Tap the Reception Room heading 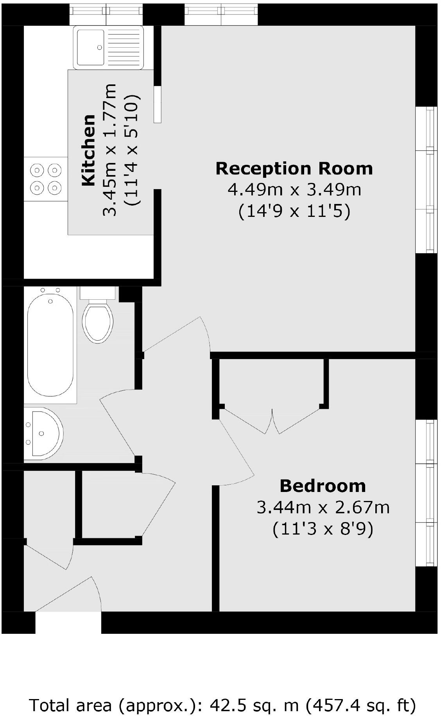coord(294,168)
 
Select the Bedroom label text coord(323,486)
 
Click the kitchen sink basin coord(91,47)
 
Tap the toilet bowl coord(98,323)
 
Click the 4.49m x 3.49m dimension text coord(294,190)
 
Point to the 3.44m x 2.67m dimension coord(323,508)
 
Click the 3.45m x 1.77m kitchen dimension coord(110,150)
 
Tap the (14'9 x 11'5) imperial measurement coord(294,212)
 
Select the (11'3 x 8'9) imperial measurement coord(323,529)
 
